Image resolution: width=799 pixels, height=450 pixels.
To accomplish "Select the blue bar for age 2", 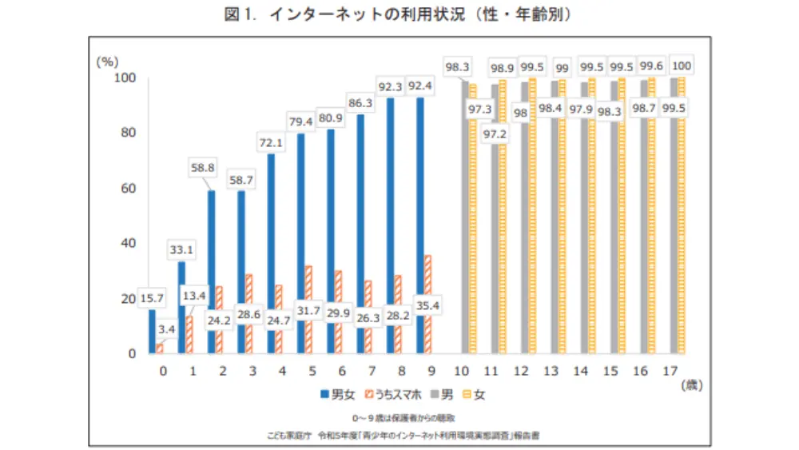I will (x=211, y=272).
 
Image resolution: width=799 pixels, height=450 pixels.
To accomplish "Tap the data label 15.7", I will (x=151, y=298).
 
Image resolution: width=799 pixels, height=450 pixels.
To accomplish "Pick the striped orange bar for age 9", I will (x=428, y=305).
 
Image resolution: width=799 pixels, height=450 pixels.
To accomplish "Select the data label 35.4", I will (x=428, y=305).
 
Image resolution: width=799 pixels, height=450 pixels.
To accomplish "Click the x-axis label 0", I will (x=162, y=371).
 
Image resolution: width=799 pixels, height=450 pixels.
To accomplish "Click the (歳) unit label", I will (x=692, y=384).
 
